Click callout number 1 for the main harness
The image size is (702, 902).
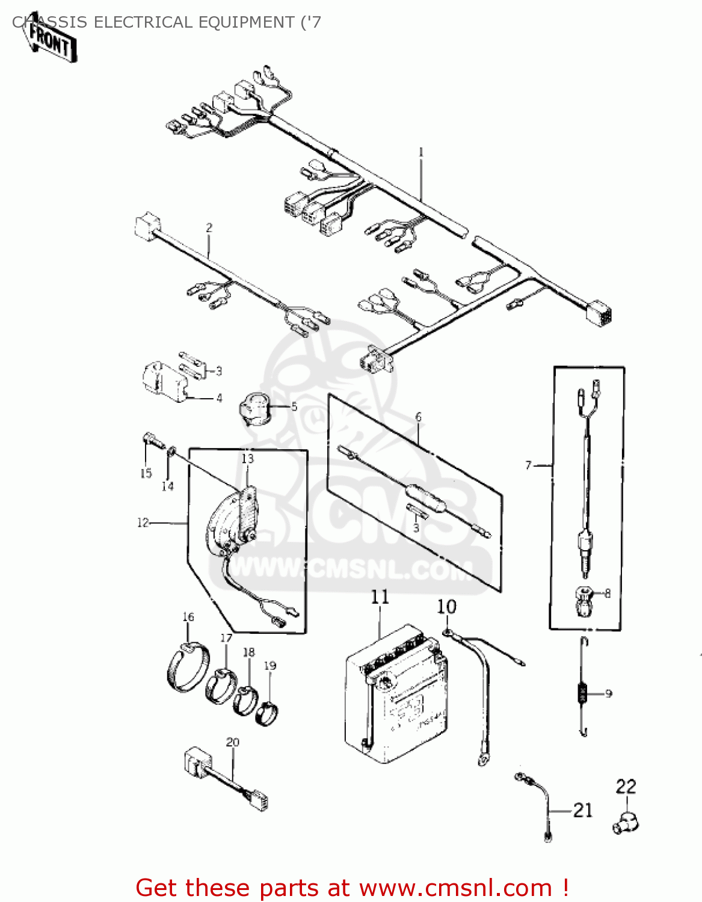coord(421,152)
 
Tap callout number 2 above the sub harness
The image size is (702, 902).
coord(209,228)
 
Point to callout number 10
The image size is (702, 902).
coord(446,607)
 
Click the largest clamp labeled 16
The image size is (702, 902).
coord(188,667)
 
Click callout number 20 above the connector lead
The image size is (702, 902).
coord(233,742)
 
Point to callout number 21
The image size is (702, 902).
coord(583,811)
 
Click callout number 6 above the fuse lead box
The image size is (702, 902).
coord(418,417)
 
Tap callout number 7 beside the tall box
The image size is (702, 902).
coord(528,465)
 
